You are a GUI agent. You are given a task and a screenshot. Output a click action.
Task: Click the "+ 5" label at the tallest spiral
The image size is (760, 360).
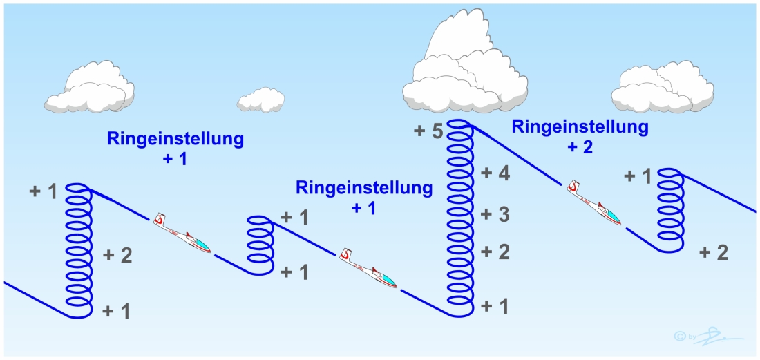point(429,131)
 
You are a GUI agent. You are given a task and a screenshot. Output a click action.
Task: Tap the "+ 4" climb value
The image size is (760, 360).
point(495,174)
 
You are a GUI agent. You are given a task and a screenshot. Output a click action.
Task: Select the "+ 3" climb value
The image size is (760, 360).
point(495,214)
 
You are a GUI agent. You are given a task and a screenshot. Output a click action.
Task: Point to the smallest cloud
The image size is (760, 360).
point(261,100)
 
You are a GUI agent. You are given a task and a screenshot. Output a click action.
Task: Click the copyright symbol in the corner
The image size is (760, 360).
point(679,337)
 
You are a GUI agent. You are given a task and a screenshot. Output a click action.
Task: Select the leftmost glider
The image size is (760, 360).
point(182,233)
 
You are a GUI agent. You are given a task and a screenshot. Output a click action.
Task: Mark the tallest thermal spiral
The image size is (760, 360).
point(459,218)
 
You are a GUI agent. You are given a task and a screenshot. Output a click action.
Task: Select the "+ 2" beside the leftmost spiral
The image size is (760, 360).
point(117,256)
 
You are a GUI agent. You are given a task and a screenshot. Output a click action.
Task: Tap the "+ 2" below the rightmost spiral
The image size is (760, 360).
point(713,252)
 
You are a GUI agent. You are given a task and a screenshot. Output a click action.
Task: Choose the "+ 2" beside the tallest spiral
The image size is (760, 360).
point(495,252)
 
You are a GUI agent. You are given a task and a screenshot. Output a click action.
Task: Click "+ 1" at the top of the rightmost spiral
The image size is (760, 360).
point(638,176)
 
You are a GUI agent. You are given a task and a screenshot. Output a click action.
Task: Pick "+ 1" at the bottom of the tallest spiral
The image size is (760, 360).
point(495,306)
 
